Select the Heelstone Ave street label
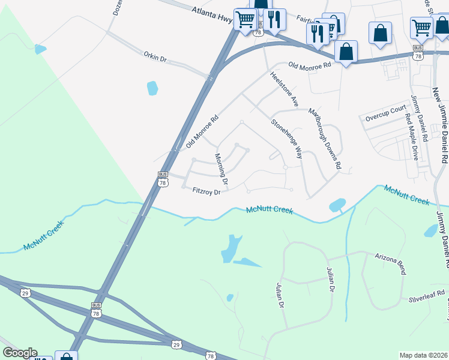pos(284,90)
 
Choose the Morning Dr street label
pos(221,169)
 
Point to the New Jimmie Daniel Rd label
pos(441,126)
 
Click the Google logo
pos(19,353)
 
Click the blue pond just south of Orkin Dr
pos(152,88)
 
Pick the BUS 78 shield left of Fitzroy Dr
pos(163,179)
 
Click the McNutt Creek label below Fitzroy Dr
pos(270,211)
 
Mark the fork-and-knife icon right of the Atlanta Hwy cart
pos(274,19)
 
